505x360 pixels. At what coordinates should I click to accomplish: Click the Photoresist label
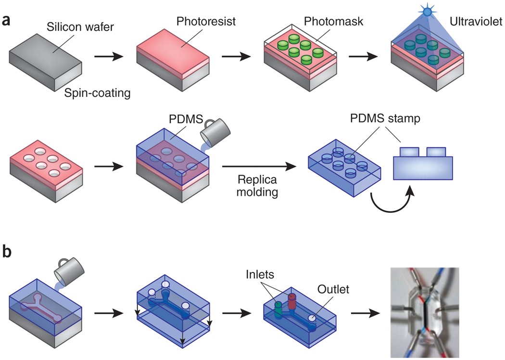[x=202, y=21]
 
